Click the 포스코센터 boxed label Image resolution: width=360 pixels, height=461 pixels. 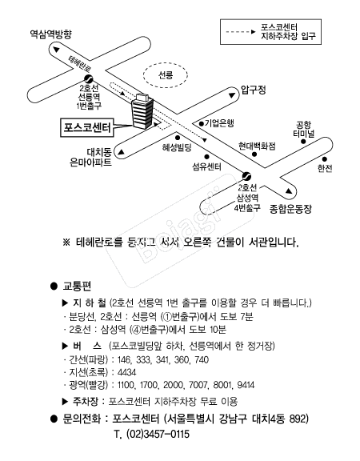click(87, 127)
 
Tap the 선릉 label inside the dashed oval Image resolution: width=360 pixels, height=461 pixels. click(166, 75)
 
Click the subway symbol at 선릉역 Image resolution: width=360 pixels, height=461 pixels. click(88, 78)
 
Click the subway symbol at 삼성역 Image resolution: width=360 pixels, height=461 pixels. click(246, 176)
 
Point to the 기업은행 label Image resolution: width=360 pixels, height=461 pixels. click(219, 123)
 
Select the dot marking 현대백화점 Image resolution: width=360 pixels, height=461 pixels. click(254, 154)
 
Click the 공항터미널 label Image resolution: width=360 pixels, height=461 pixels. click(304, 129)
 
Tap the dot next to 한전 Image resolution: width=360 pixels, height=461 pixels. click(325, 159)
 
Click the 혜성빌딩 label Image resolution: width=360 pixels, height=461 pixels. click(177, 147)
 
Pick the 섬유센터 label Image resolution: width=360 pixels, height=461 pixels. click(207, 166)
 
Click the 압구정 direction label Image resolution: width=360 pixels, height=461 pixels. click(254, 90)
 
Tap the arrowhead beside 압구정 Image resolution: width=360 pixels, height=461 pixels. click(232, 95)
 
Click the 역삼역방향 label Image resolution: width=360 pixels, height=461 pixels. click(51, 34)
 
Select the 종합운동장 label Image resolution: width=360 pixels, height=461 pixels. click(290, 209)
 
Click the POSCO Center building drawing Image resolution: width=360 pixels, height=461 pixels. click(142, 110)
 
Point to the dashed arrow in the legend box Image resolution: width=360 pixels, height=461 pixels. click(241, 32)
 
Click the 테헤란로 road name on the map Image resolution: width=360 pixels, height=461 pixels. click(80, 64)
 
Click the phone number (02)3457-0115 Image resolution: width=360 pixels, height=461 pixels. click(158, 435)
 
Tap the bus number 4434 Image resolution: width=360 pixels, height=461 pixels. click(126, 372)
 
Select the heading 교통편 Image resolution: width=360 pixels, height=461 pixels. click(77, 286)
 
